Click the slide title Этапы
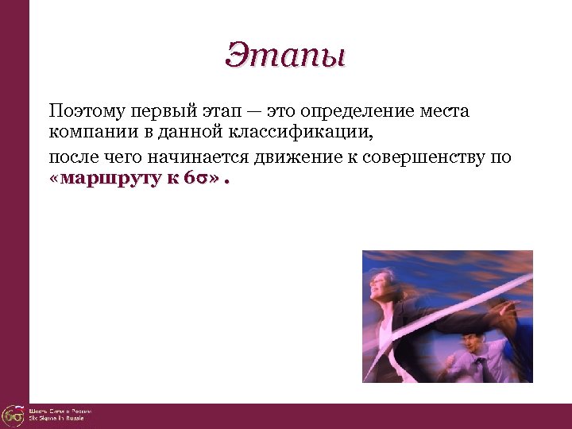[286, 56]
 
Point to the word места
[443, 111]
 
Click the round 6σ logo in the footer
[13, 415]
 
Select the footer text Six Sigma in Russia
[56, 419]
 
